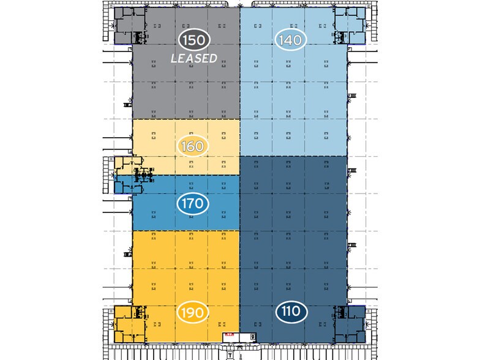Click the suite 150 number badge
195,40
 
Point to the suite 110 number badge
291,312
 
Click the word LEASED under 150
194,59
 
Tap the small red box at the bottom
229,336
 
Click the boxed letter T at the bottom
229,354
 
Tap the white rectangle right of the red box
252,336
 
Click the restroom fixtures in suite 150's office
140,37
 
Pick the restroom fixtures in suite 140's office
342,37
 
